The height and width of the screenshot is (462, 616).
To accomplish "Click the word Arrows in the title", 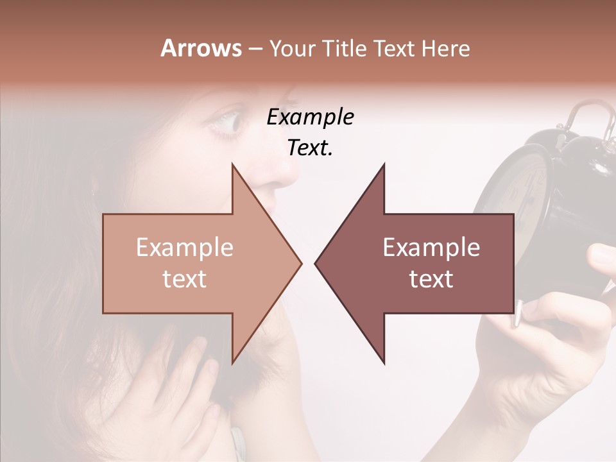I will click(x=201, y=48).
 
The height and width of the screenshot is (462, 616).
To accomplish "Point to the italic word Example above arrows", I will click(x=310, y=117).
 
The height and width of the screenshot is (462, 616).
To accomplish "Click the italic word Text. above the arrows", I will click(x=310, y=148).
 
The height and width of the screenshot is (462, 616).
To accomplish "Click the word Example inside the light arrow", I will click(x=185, y=247).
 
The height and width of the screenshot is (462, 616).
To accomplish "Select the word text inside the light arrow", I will click(x=185, y=278).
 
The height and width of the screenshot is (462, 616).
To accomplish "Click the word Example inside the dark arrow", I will click(x=431, y=247).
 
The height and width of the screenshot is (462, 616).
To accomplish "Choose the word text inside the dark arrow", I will click(x=431, y=278).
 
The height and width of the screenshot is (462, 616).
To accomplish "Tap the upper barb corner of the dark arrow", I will click(x=384, y=165).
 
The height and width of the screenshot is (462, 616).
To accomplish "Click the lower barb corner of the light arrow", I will click(x=232, y=363).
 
